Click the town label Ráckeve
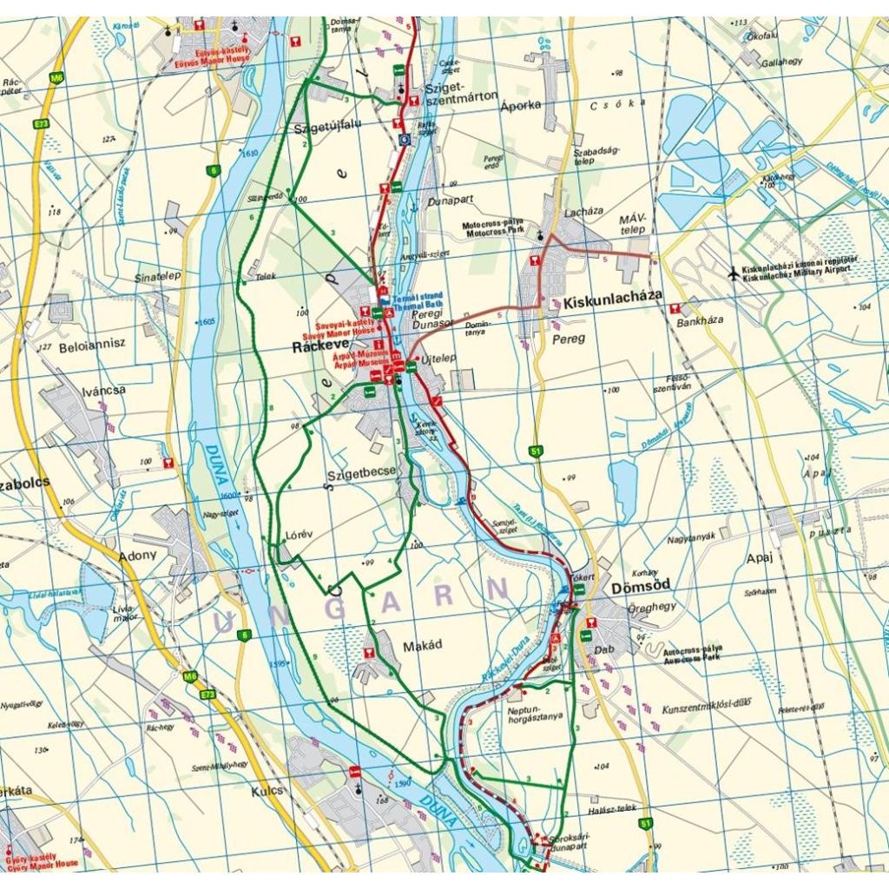(x=319, y=346)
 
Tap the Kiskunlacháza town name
(x=612, y=304)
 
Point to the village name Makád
(x=422, y=647)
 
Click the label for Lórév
(x=299, y=535)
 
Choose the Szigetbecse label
(x=361, y=473)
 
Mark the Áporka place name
(x=521, y=104)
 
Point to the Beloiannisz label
(x=93, y=343)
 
